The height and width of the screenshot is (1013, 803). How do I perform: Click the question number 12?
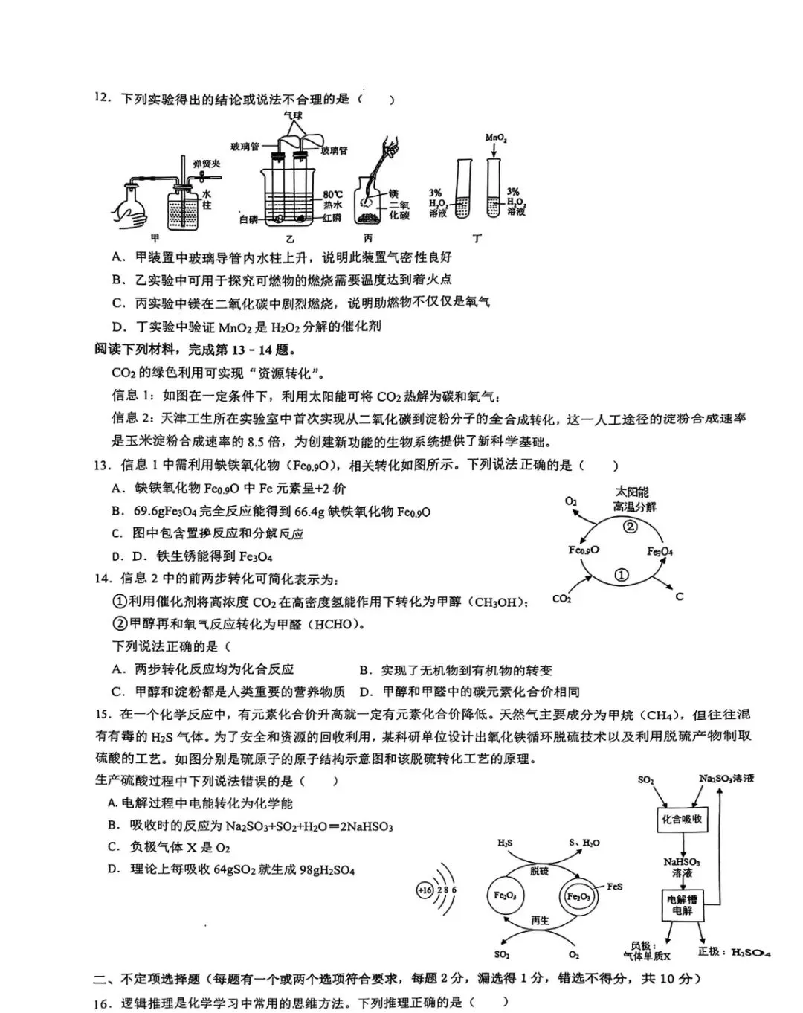102,99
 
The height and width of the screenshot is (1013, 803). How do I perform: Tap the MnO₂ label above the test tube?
496,138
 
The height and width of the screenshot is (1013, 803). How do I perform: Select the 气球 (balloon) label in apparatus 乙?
293,116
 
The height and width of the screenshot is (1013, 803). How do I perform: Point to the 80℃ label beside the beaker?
332,194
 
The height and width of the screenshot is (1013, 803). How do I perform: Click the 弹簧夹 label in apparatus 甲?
207,164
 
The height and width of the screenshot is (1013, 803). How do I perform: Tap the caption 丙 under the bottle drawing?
368,238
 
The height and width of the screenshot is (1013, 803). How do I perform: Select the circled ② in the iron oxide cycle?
630,527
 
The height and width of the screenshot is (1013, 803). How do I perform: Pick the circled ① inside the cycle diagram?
622,574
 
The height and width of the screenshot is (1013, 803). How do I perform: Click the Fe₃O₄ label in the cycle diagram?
660,551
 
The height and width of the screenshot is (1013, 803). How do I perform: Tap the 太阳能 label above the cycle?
632,492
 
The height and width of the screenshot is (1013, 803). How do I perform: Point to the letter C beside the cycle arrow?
679,596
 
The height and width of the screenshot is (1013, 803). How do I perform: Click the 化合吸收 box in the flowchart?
682,820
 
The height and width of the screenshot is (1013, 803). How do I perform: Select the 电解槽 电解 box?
681,904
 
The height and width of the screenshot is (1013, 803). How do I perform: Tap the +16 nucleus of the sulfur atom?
425,890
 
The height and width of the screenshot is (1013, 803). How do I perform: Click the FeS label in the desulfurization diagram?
614,887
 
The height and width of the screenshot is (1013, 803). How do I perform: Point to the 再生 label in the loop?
540,920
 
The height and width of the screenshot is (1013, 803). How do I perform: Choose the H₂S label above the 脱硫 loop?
505,843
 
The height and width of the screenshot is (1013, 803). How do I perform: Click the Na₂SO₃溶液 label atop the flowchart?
726,778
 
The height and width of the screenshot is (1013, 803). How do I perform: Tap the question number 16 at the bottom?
103,1003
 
